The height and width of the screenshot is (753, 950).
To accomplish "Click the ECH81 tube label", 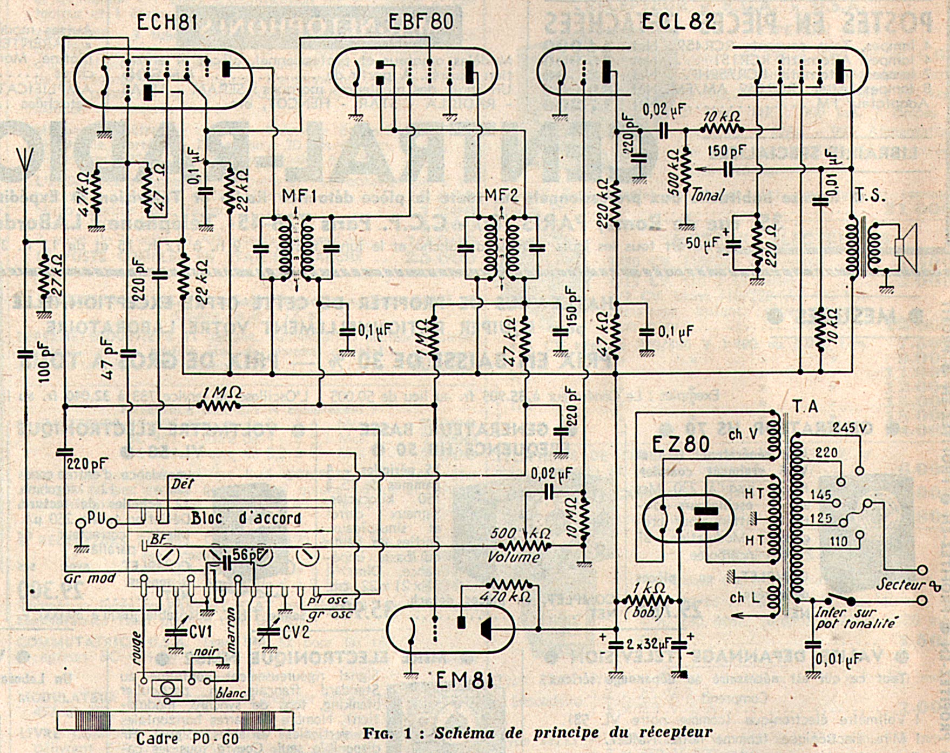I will [166, 23].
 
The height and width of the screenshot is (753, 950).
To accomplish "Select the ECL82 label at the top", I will [679, 22].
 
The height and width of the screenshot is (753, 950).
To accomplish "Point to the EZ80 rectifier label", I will [681, 445].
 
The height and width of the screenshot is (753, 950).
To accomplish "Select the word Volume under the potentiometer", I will [514, 558].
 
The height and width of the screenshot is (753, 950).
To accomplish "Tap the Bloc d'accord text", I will [245, 518].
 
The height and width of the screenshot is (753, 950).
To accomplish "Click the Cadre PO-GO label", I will [187, 738].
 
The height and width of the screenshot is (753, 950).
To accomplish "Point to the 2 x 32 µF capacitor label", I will [649, 644].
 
